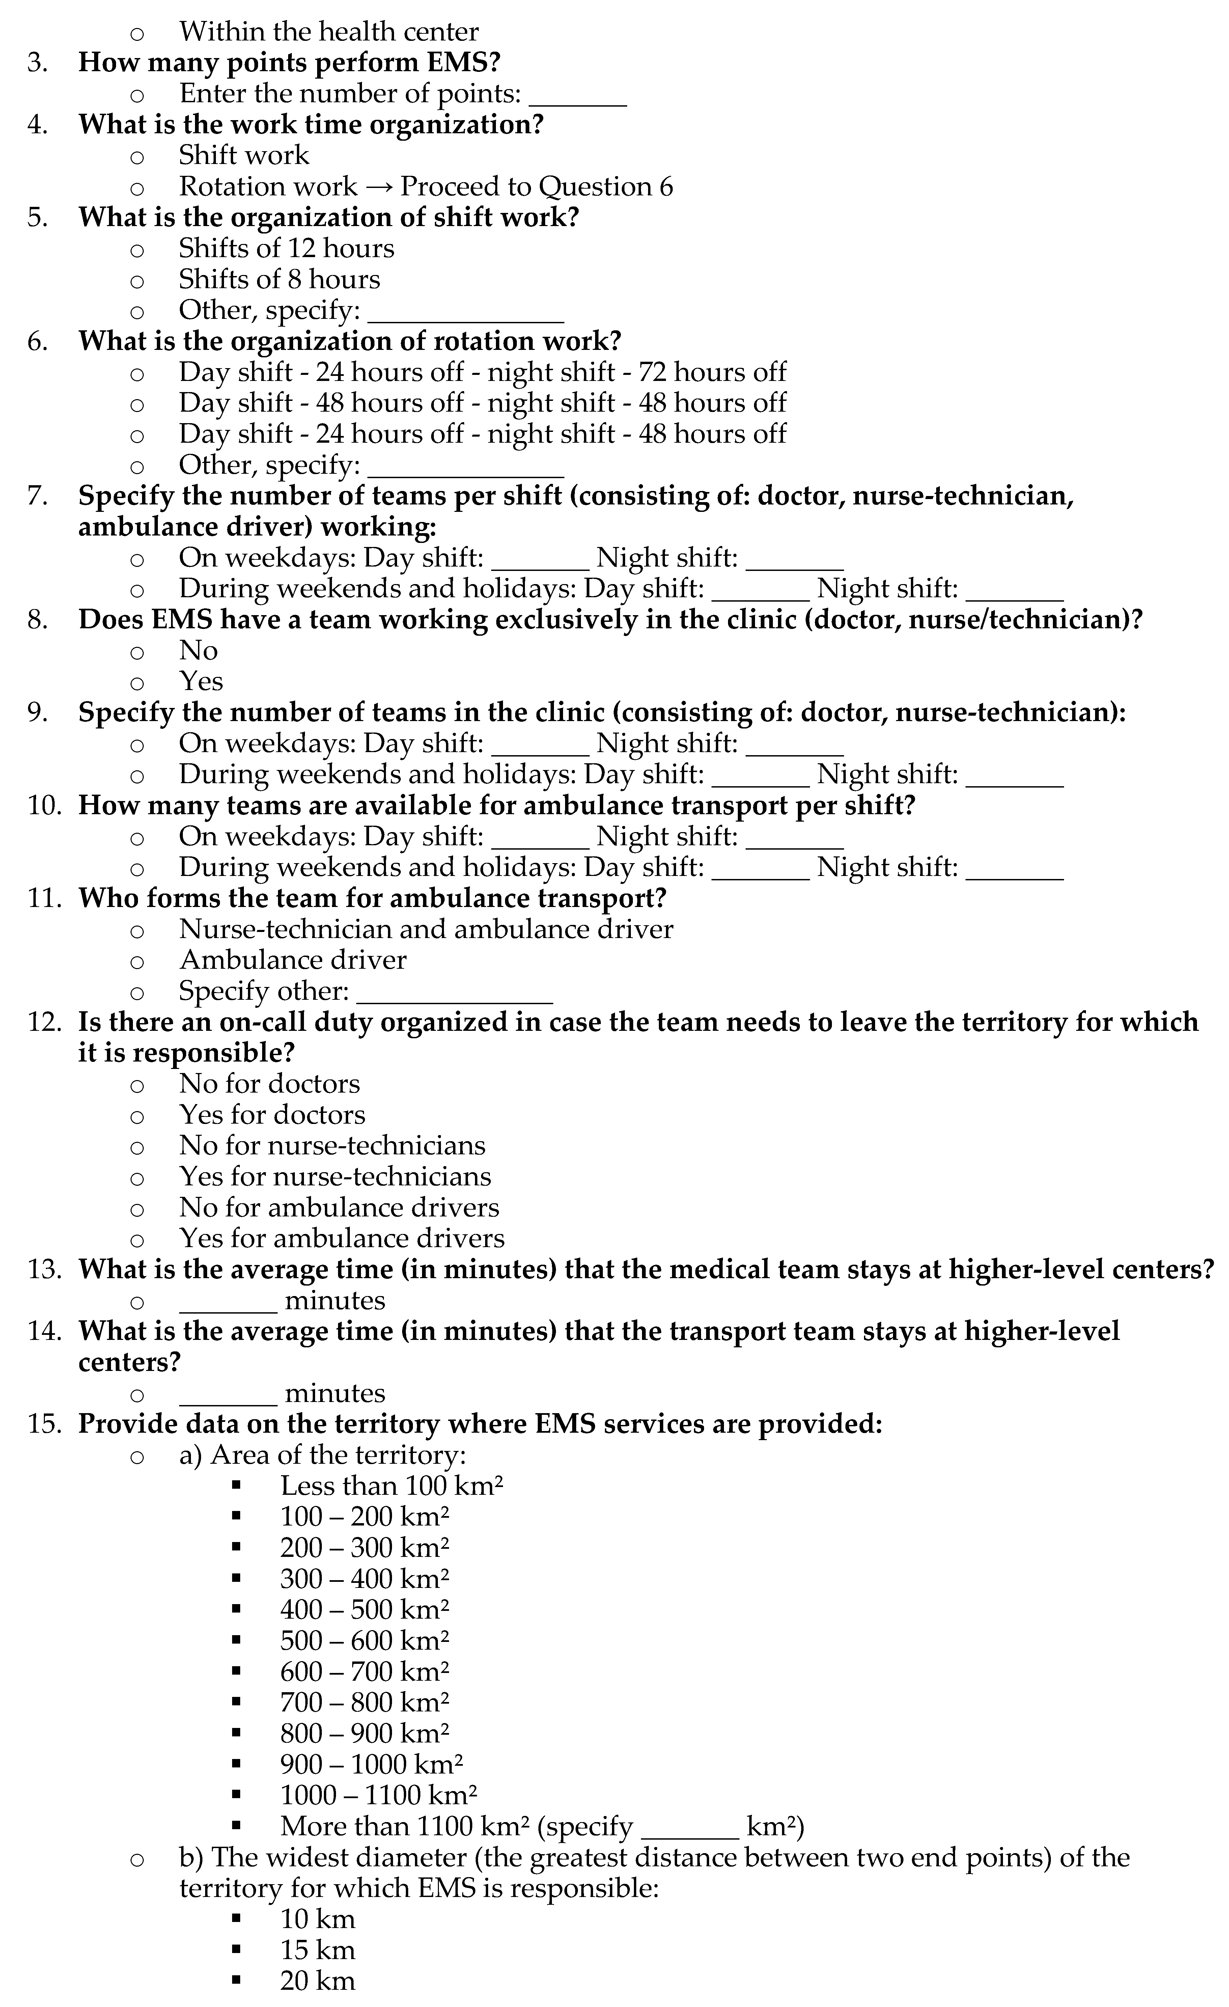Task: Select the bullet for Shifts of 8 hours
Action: (137, 281)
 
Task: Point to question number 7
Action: (37, 496)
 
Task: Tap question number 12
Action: (45, 1022)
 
